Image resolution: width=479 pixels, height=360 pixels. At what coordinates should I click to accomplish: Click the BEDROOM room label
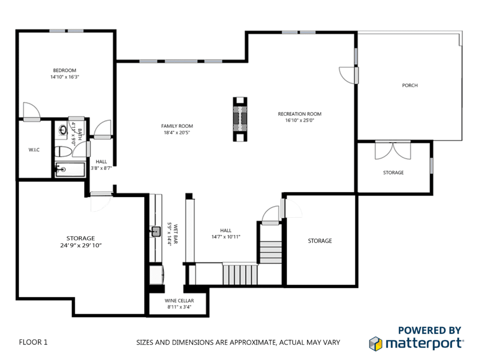(x=65, y=70)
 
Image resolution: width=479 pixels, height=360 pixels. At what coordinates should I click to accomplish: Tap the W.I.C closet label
(x=34, y=150)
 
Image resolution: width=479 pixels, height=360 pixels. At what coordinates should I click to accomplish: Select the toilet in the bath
(x=63, y=151)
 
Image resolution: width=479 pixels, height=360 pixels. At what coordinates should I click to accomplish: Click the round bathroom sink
(x=63, y=130)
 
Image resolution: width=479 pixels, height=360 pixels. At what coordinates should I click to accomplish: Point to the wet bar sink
(x=156, y=232)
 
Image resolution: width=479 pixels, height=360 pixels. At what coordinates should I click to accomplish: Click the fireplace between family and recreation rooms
(x=240, y=119)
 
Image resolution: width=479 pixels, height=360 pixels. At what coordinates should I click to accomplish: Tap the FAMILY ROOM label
(x=177, y=126)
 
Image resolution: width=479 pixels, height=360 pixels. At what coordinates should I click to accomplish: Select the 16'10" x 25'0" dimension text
(x=299, y=120)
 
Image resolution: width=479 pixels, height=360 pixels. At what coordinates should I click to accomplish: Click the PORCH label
(x=410, y=85)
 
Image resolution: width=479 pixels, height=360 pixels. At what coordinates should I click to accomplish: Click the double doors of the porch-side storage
(x=393, y=150)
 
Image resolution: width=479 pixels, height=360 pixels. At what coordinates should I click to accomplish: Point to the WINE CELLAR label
(x=179, y=301)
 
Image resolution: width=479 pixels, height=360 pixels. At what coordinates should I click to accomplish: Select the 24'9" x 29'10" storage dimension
(x=80, y=245)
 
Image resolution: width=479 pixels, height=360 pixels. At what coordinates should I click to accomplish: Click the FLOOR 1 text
(x=33, y=342)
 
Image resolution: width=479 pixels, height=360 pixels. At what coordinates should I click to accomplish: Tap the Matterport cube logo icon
(x=376, y=344)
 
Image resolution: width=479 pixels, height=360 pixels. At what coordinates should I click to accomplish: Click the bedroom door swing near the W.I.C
(x=32, y=110)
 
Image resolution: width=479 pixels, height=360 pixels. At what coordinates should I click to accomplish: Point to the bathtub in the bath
(x=70, y=169)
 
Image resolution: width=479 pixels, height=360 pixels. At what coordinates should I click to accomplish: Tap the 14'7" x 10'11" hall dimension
(x=226, y=237)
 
